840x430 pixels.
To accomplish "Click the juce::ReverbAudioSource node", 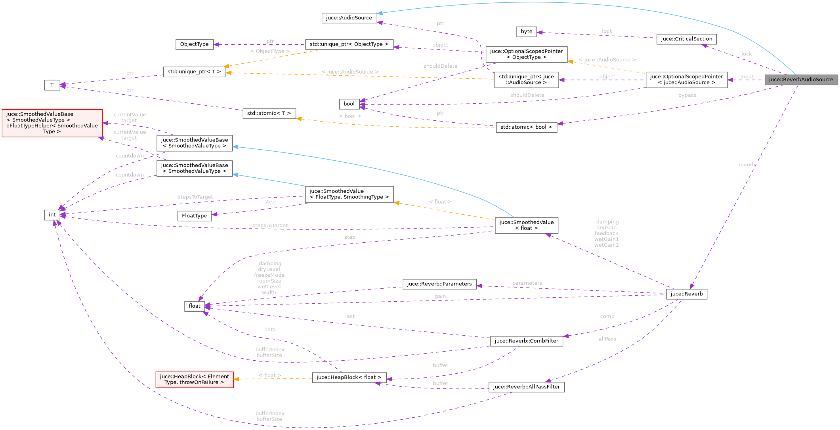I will [x=801, y=80].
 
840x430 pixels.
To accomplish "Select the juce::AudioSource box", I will [x=349, y=18].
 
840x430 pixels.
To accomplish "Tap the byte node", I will [x=526, y=32].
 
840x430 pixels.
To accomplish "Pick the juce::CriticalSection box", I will [x=686, y=39].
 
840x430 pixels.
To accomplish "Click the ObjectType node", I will [x=194, y=44].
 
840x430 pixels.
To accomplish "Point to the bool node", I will [x=349, y=104].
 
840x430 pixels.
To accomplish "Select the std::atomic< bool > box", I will [x=526, y=127].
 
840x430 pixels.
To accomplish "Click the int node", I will [x=52, y=215].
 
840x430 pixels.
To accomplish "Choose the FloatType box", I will [x=194, y=216].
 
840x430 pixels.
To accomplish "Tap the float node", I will [x=194, y=306].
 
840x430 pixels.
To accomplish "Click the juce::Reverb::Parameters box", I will [x=439, y=284].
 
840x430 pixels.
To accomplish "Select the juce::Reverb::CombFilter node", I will [x=526, y=341].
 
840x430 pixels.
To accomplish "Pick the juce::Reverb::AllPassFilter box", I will [x=526, y=387].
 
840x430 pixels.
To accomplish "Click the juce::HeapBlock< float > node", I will [x=349, y=377].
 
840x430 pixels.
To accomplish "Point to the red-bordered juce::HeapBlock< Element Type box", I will [x=194, y=379].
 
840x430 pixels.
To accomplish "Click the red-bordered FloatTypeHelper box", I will [x=52, y=123].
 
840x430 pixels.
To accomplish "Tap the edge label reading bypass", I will [x=687, y=95].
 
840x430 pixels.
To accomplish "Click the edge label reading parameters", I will [x=527, y=283].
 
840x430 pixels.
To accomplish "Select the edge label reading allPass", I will [x=607, y=339].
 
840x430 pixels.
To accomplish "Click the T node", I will [x=52, y=85].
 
